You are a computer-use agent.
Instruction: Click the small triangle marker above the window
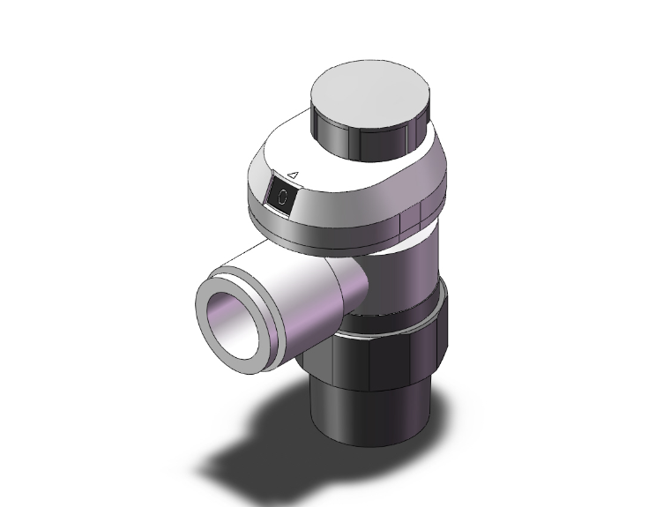(x=296, y=175)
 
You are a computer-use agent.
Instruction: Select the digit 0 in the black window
(x=282, y=198)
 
